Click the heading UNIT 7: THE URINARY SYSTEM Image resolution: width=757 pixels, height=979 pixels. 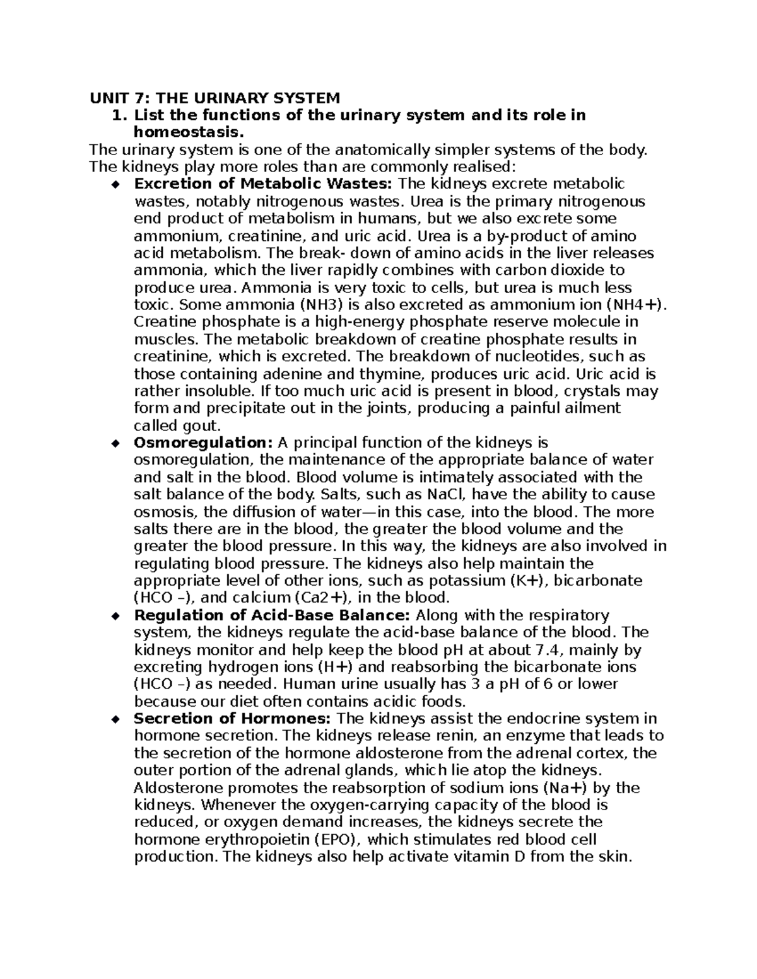[214, 98]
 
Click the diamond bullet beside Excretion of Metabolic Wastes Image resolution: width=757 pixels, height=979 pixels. [115, 185]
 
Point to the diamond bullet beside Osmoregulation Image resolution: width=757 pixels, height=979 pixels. [115, 443]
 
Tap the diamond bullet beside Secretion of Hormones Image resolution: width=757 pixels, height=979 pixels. [115, 719]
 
